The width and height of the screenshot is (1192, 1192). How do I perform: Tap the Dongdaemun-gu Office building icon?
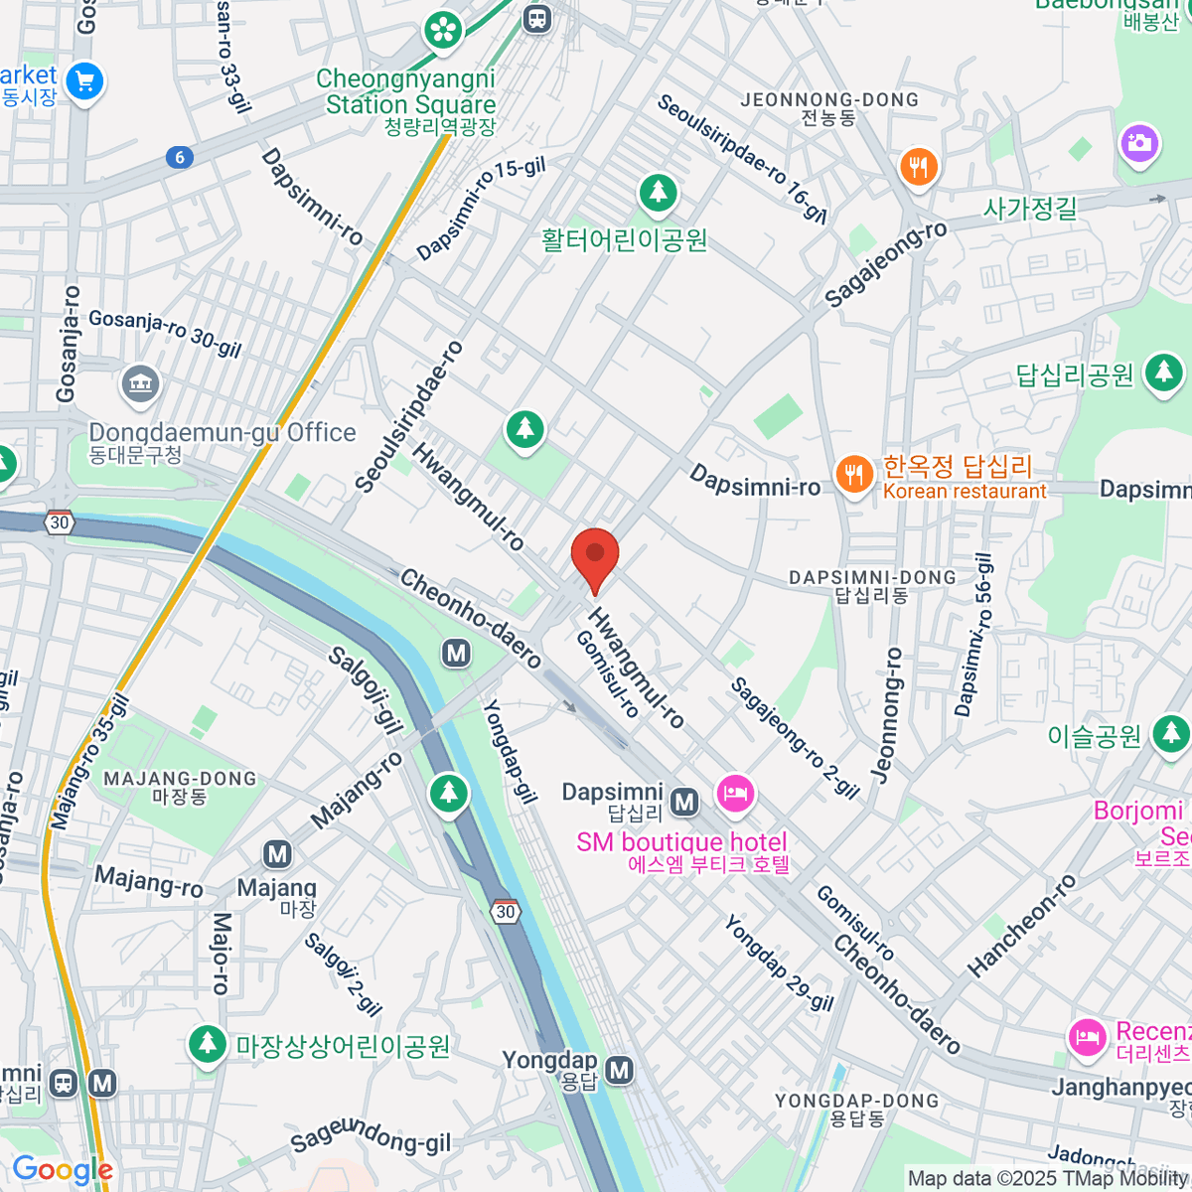[x=140, y=386]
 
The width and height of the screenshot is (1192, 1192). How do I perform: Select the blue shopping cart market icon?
[x=85, y=81]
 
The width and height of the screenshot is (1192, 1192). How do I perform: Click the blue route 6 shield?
[x=180, y=157]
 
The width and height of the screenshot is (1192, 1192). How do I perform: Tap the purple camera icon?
[x=1139, y=143]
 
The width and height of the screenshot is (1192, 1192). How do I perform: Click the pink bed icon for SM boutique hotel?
[x=735, y=794]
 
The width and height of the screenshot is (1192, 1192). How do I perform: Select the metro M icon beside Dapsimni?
[x=683, y=801]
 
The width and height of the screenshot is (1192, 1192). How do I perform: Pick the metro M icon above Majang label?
[x=278, y=854]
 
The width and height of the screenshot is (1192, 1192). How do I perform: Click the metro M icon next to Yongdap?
[x=620, y=1070]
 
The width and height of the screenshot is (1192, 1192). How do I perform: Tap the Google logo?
[x=63, y=1170]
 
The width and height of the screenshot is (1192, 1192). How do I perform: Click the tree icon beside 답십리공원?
[x=1163, y=373]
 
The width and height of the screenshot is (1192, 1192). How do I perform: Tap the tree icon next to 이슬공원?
[x=1170, y=735]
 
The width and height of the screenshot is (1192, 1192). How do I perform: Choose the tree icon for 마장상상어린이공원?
[x=208, y=1045]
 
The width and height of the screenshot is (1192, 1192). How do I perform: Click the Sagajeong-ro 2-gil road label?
[x=795, y=738]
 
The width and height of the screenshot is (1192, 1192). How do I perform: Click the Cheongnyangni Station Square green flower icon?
[x=443, y=29]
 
